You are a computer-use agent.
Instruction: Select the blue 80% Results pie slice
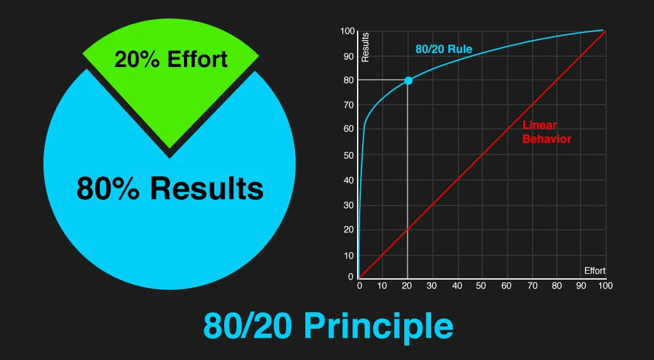170,217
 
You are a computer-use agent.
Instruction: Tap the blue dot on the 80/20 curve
408,80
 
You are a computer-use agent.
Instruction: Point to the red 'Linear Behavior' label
546,132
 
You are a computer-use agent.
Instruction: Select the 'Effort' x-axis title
595,271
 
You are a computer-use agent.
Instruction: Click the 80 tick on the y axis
348,80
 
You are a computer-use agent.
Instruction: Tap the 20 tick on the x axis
407,286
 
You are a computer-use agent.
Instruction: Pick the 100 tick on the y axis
347,31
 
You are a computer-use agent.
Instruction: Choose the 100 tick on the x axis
605,286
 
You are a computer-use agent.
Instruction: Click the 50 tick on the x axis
482,286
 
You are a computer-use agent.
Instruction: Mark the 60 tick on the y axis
348,130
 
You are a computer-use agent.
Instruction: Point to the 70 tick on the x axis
531,286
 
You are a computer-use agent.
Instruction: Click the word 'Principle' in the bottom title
379,326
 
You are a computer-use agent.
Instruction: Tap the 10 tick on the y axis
348,255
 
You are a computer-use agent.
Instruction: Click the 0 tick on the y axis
351,277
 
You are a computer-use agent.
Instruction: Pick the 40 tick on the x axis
457,286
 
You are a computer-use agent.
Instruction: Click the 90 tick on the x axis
580,286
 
